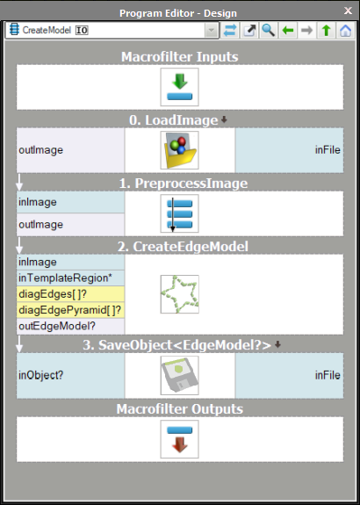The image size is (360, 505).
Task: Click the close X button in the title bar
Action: [x=348, y=11]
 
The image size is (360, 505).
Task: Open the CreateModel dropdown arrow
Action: [x=212, y=31]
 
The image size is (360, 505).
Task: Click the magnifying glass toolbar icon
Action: [x=268, y=31]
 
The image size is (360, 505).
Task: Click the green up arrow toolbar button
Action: [x=326, y=31]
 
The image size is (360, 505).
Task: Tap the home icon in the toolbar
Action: [x=345, y=31]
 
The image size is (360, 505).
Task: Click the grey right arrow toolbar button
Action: [x=306, y=31]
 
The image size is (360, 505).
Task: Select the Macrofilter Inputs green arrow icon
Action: [x=180, y=87]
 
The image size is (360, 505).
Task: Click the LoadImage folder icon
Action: [x=180, y=150]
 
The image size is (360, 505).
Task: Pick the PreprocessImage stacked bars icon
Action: [x=180, y=213]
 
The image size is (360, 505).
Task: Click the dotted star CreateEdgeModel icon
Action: [x=180, y=294]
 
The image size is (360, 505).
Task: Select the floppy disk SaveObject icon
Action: [x=180, y=376]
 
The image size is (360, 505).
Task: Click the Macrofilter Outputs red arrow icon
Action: [x=180, y=439]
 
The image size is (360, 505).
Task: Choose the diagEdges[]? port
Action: [x=70, y=294]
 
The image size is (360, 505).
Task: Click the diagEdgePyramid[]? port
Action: [x=70, y=310]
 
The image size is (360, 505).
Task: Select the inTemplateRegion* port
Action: [x=70, y=278]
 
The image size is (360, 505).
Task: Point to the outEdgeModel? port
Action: [x=70, y=326]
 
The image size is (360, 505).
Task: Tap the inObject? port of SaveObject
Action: [x=70, y=376]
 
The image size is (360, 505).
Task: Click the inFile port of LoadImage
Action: [x=289, y=150]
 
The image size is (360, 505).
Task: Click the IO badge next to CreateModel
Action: [x=82, y=30]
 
